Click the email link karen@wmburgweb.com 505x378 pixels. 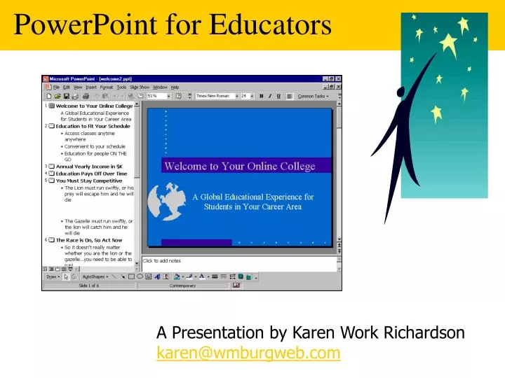pyautogui.click(x=248, y=353)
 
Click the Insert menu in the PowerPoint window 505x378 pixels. pyautogui.click(x=91, y=87)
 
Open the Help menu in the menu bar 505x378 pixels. pyautogui.click(x=175, y=87)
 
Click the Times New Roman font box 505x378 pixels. pyautogui.click(x=214, y=96)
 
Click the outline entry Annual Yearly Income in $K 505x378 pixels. pyautogui.click(x=88, y=167)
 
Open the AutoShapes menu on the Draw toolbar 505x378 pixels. pyautogui.click(x=94, y=276)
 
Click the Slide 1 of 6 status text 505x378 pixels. pyautogui.click(x=89, y=286)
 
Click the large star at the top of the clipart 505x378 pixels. pyautogui.click(x=450, y=42)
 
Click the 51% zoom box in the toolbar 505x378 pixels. pyautogui.click(x=156, y=96)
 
